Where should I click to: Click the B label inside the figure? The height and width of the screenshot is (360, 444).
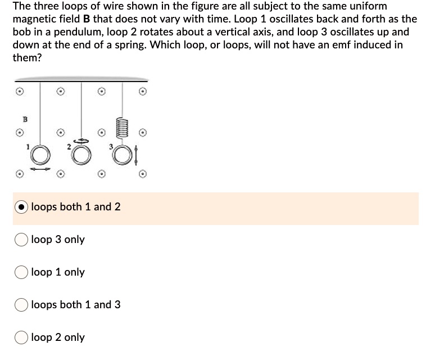[x=24, y=119]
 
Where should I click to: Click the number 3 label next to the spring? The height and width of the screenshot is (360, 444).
[x=111, y=146]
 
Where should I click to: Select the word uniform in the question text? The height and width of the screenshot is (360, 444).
[x=368, y=6]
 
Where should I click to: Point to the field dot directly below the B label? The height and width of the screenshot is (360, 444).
[x=19, y=133]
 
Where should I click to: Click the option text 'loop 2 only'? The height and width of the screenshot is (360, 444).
[x=58, y=337]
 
